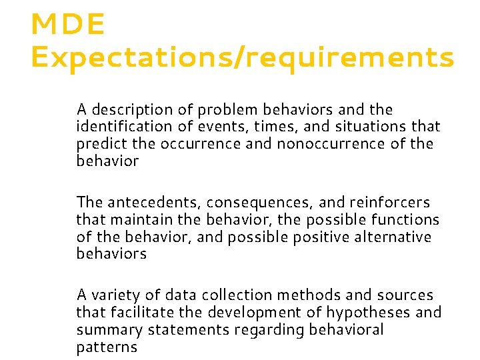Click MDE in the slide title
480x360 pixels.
tap(67, 25)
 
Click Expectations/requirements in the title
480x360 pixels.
tap(242, 59)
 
